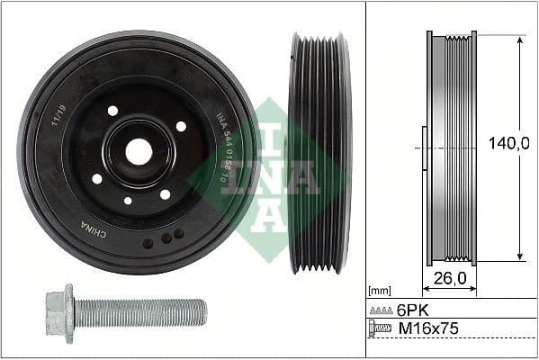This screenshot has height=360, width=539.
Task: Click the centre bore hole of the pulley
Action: (x=139, y=152)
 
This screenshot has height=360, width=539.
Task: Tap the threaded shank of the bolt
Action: (x=144, y=312)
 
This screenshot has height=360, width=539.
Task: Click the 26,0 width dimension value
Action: (x=450, y=278)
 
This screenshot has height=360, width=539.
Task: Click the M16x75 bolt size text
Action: (x=428, y=329)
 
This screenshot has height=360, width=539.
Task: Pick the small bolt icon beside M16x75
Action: (x=381, y=329)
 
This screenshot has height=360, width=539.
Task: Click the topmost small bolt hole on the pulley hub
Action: (x=112, y=111)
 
